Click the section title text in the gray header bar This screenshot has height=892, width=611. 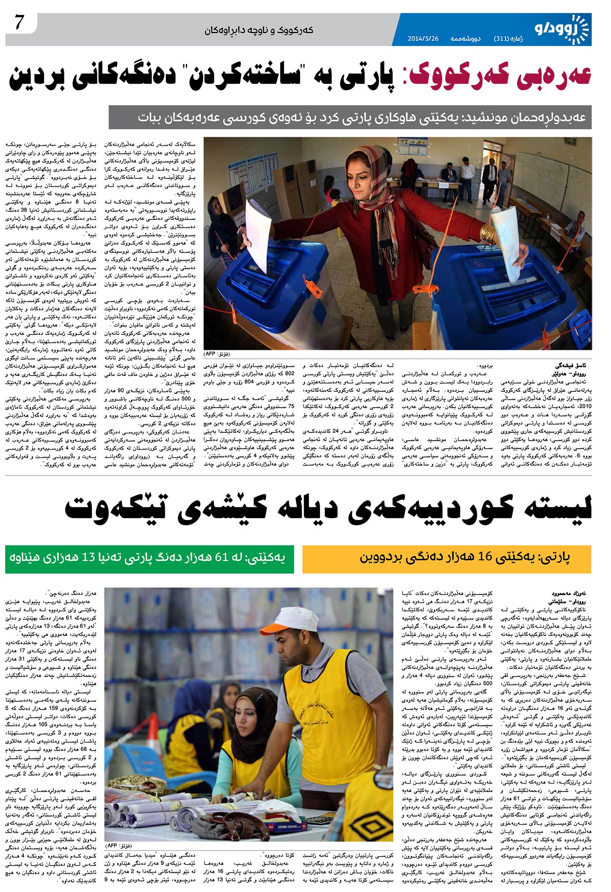pos(259,30)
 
